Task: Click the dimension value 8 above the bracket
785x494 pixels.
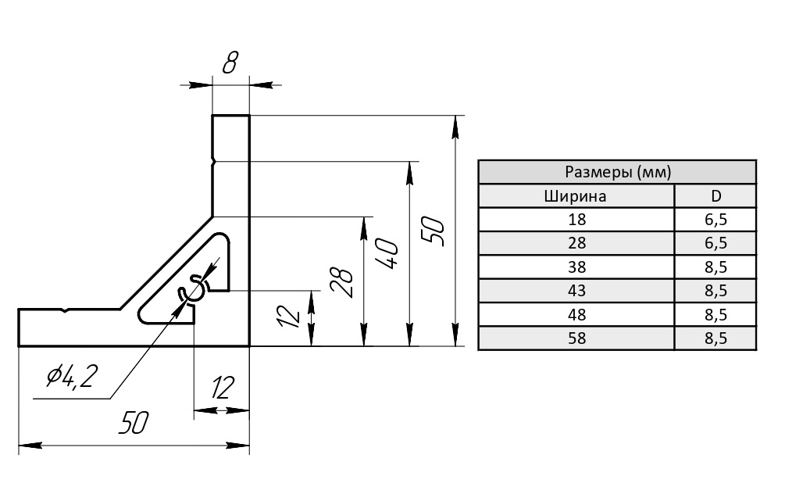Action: (230, 63)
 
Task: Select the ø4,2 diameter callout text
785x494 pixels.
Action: (71, 378)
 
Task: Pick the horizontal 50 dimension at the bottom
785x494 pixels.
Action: (134, 424)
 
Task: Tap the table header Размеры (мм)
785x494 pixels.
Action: (617, 172)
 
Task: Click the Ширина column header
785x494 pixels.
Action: (575, 195)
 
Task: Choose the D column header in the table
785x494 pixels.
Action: (715, 195)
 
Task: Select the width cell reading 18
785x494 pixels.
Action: (575, 220)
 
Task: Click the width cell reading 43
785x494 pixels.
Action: (575, 291)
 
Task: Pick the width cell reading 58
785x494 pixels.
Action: (575, 338)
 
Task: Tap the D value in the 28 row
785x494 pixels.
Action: (715, 243)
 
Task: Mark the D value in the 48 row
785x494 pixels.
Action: (715, 315)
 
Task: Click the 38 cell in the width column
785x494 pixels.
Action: (575, 267)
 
